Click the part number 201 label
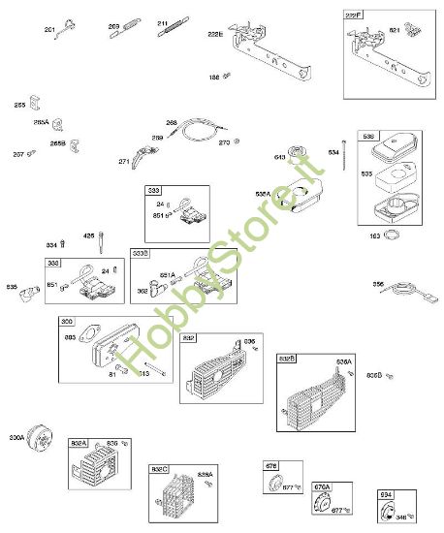pos(49,30)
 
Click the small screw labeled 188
pos(226,75)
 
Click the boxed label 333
pos(153,191)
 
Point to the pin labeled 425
pos(100,243)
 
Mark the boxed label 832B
pos(288,358)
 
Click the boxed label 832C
pos(158,469)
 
